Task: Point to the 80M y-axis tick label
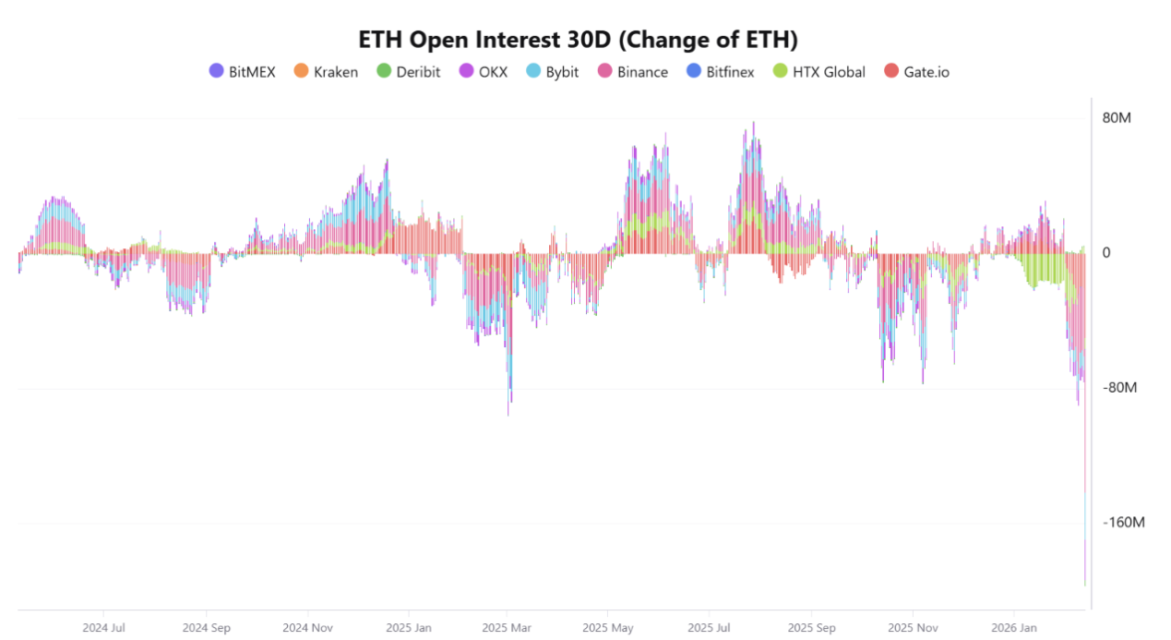pyautogui.click(x=1117, y=118)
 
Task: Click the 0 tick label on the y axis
pyautogui.click(x=1107, y=253)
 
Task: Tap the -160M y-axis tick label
pyautogui.click(x=1123, y=523)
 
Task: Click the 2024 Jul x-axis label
pyautogui.click(x=104, y=627)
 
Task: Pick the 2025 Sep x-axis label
pyautogui.click(x=812, y=627)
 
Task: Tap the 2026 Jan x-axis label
pyautogui.click(x=1014, y=627)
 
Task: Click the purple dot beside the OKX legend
pyautogui.click(x=466, y=71)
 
